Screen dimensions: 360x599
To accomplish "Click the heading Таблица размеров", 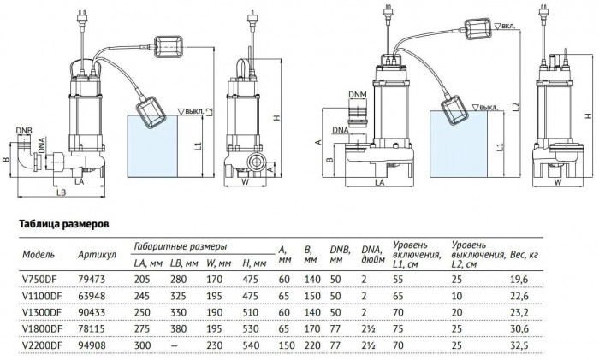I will pyautogui.click(x=64, y=226).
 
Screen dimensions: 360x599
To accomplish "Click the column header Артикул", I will pyautogui.click(x=98, y=255).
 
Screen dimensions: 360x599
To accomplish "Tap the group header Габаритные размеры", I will pyautogui.click(x=181, y=245).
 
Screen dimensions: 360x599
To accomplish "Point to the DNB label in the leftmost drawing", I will pyautogui.click(x=26, y=131).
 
